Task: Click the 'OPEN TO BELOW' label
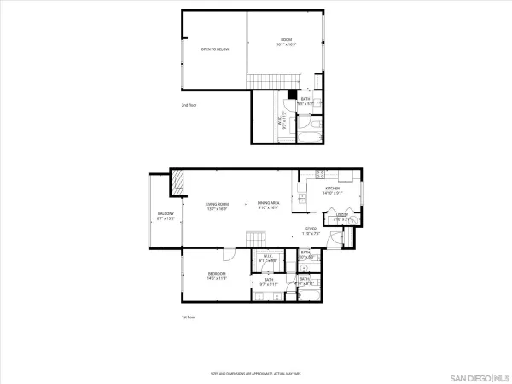(x=215, y=49)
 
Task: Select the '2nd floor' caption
(x=189, y=105)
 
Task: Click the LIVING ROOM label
(x=217, y=205)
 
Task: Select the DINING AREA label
(x=270, y=205)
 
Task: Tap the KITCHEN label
(x=331, y=189)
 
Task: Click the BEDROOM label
(x=216, y=275)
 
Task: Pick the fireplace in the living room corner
(x=177, y=180)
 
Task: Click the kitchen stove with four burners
(x=321, y=175)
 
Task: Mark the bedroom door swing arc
(x=229, y=254)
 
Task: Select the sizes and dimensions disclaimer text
(x=256, y=373)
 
